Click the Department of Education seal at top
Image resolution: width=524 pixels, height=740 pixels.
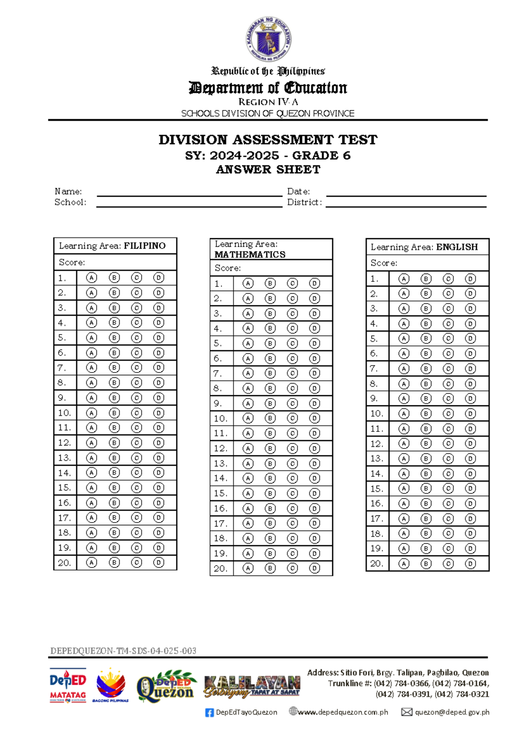(268, 40)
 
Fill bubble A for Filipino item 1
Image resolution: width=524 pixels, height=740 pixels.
(91, 277)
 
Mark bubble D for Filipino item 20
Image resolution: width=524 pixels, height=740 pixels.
(159, 562)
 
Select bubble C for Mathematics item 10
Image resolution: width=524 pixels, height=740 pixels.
(292, 418)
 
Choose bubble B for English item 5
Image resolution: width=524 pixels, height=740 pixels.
(426, 338)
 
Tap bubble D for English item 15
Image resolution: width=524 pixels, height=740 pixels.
(470, 488)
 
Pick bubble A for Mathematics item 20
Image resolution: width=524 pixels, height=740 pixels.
(248, 568)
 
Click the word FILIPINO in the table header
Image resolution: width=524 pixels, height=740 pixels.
(145, 246)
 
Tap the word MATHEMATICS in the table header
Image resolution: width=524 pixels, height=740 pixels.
(250, 254)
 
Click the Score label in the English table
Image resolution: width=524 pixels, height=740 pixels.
(384, 263)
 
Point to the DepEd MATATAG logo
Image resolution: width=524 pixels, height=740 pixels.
(68, 685)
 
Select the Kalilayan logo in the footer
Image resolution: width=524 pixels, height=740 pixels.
(252, 686)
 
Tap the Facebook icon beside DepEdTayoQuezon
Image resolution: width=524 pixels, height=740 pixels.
(210, 713)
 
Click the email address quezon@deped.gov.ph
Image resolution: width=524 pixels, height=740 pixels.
(452, 712)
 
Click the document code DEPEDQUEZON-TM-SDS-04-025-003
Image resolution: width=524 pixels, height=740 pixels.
(123, 651)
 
